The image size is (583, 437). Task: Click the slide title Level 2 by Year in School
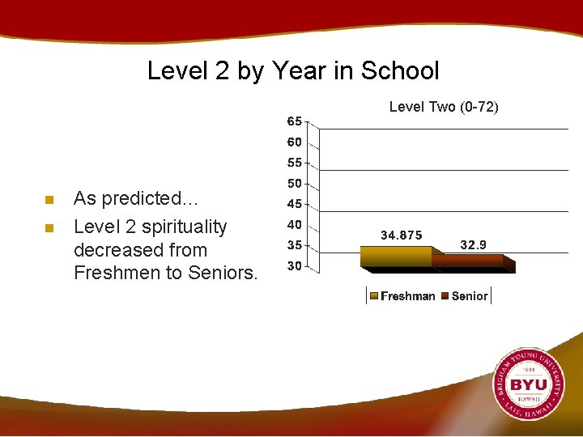(x=292, y=70)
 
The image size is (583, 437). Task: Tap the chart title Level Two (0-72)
(x=444, y=107)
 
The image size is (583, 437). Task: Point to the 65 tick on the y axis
(x=295, y=121)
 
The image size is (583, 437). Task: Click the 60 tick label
(x=295, y=142)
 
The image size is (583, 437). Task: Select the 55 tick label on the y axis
(x=295, y=163)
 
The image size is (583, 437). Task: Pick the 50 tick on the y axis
(x=295, y=184)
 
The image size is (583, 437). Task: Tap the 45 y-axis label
(x=295, y=204)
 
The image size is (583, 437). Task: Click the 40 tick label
(x=295, y=224)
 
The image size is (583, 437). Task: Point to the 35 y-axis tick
(x=295, y=244)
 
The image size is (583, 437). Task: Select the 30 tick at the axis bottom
(x=295, y=265)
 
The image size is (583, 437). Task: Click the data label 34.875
(x=401, y=235)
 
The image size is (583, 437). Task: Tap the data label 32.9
(x=473, y=244)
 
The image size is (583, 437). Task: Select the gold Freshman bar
(x=397, y=257)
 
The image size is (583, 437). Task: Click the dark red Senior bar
(x=470, y=261)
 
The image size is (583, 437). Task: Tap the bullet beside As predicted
(x=49, y=200)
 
